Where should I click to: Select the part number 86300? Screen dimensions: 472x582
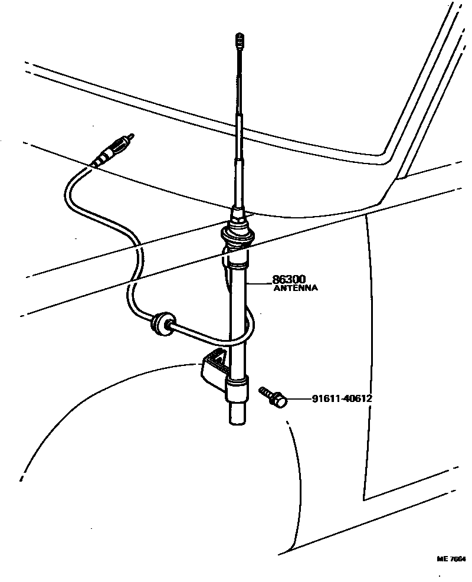[x=290, y=279]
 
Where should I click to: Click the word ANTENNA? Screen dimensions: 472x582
[x=296, y=289]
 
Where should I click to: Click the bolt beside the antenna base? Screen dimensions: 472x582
[x=273, y=396]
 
